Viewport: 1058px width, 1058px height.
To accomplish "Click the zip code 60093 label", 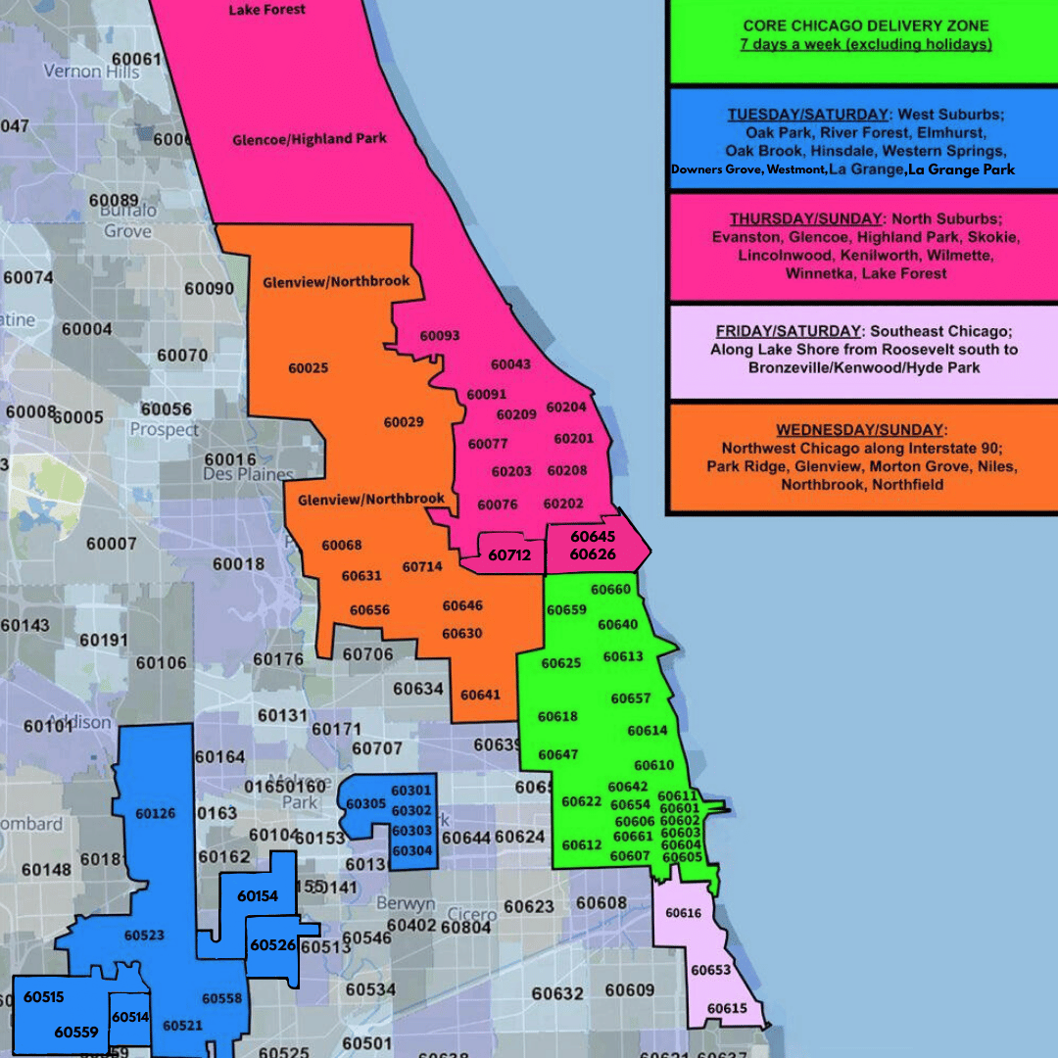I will [x=440, y=336].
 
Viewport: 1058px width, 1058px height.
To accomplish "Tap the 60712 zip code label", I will [x=509, y=555].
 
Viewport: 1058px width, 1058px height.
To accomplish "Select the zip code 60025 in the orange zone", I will [x=308, y=368].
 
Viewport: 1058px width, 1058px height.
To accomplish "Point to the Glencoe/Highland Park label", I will [x=310, y=139].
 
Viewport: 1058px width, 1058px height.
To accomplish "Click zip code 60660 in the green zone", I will [x=611, y=590].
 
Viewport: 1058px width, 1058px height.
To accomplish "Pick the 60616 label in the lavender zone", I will [x=684, y=913].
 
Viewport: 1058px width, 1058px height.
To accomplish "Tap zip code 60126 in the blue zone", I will [x=156, y=813].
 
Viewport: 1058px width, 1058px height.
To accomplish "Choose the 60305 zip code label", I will [x=366, y=803].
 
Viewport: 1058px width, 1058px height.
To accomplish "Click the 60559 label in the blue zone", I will [x=75, y=1032].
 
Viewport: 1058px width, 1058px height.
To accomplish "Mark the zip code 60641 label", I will [x=480, y=695].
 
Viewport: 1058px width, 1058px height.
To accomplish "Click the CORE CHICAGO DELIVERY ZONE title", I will [x=865, y=25].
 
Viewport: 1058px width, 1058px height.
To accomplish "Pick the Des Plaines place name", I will [x=248, y=474].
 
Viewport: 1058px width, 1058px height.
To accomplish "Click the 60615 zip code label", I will [x=727, y=1008].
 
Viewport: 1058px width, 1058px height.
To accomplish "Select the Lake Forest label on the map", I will [x=266, y=10].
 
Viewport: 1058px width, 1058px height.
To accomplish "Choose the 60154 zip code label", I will [x=258, y=895].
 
